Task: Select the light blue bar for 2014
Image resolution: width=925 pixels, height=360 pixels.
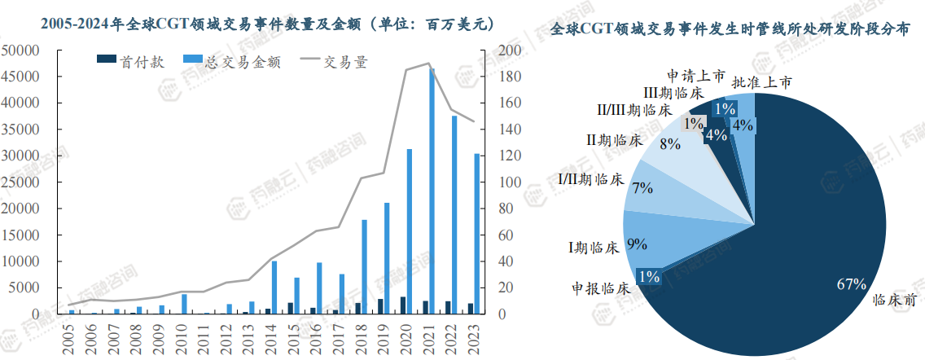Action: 274,288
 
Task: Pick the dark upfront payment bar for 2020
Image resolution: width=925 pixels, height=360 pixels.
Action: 402,305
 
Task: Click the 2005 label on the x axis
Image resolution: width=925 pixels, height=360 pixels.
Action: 69,337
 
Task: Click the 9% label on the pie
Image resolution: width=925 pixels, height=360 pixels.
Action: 637,243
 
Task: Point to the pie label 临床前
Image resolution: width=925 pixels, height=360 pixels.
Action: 895,300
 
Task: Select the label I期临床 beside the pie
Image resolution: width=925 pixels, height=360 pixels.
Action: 595,247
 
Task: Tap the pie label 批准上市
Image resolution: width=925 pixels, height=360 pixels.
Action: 761,81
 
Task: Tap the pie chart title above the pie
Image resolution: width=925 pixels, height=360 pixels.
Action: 730,30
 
